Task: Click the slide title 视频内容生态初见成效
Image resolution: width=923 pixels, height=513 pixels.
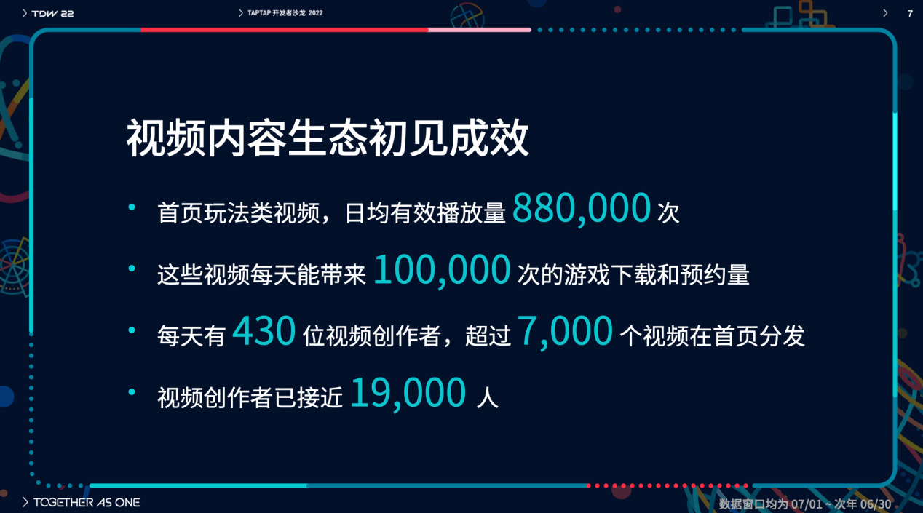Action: tap(328, 138)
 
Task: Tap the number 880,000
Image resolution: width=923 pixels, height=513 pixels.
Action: tap(582, 209)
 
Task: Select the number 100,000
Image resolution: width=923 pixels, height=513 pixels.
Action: tap(442, 270)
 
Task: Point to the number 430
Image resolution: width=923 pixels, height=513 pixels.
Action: tap(264, 330)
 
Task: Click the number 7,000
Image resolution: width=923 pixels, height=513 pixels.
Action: tap(565, 332)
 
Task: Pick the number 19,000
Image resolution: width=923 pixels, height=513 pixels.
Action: tap(408, 394)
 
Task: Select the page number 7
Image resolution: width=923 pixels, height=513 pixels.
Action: tap(910, 14)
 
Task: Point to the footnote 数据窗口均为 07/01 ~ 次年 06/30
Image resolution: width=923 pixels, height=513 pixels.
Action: tap(805, 504)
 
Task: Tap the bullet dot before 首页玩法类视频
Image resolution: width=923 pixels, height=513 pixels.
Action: tap(132, 207)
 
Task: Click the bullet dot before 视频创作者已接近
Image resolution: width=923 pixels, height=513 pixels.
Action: tap(132, 392)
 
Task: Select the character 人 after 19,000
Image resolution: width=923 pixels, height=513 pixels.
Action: tap(487, 397)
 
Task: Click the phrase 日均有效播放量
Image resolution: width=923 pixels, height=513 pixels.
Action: tap(425, 213)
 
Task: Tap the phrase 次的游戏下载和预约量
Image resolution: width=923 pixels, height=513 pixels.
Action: tap(633, 274)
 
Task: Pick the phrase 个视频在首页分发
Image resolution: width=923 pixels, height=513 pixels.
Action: tap(713, 336)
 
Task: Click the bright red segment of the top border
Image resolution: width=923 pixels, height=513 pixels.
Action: tap(285, 30)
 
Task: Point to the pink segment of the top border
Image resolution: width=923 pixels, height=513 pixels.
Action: tap(480, 30)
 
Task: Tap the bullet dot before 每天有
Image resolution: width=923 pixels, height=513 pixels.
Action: tap(132, 330)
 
